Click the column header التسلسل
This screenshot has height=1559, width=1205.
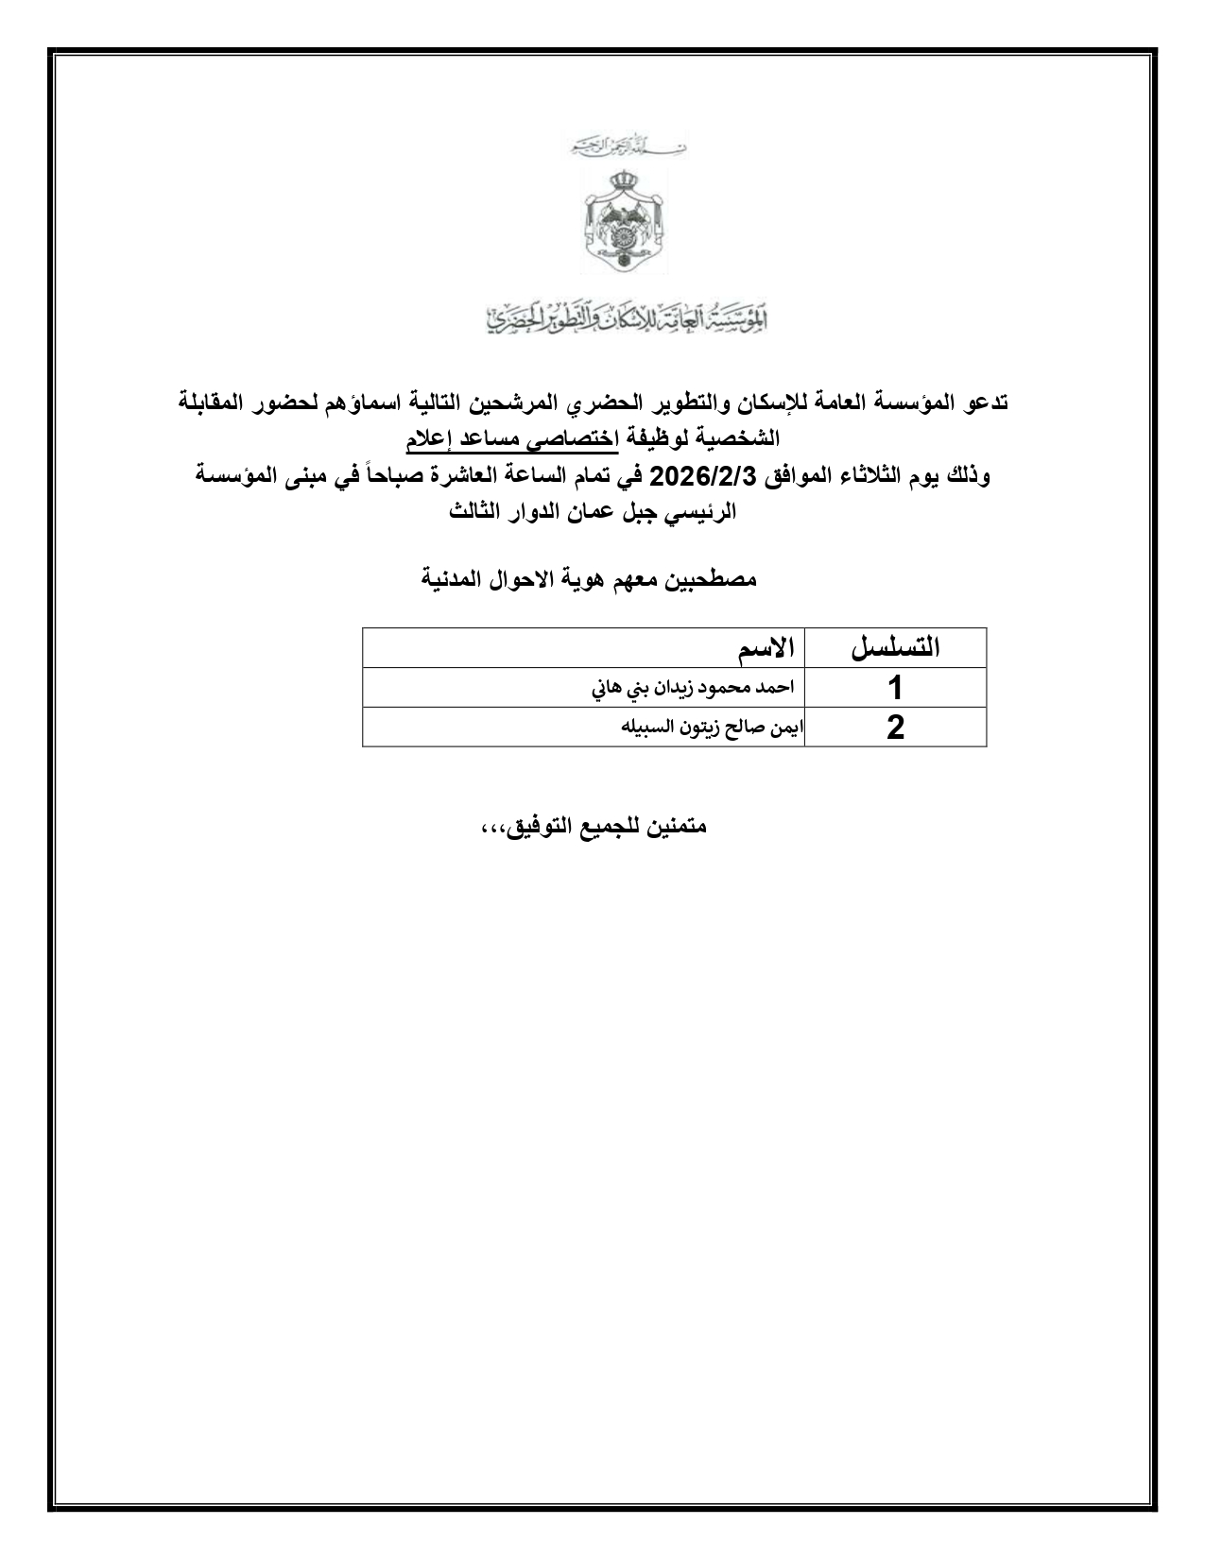coord(895,648)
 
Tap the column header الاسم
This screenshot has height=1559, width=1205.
coord(766,648)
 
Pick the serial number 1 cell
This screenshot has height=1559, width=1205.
coord(895,688)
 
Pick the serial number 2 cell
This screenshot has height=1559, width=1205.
coord(895,728)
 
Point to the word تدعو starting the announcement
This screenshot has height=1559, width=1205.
coord(984,402)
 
